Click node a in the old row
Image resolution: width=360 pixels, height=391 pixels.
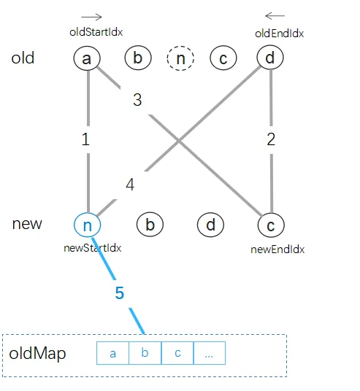point(87,58)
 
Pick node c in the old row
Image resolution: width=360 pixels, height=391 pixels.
point(223,58)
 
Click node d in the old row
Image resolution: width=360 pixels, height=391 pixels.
point(270,58)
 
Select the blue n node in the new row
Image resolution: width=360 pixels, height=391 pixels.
point(87,225)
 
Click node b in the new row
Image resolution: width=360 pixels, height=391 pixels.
point(150,225)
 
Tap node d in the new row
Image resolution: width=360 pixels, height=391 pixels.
point(210,225)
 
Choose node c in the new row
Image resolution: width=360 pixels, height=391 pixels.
point(270,225)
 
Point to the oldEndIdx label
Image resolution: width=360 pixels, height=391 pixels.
point(280,33)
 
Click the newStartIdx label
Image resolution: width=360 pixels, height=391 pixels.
point(93,248)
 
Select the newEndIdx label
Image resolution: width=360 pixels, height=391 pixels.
point(277,249)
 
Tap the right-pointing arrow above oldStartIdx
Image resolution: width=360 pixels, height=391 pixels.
point(91,16)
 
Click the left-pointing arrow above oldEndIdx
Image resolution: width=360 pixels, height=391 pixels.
point(275,15)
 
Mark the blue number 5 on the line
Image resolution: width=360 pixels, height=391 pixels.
point(120,293)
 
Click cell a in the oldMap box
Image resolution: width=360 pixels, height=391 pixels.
point(112,354)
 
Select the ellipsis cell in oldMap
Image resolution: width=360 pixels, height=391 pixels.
point(209,354)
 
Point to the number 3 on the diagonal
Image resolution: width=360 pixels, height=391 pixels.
point(137,100)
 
